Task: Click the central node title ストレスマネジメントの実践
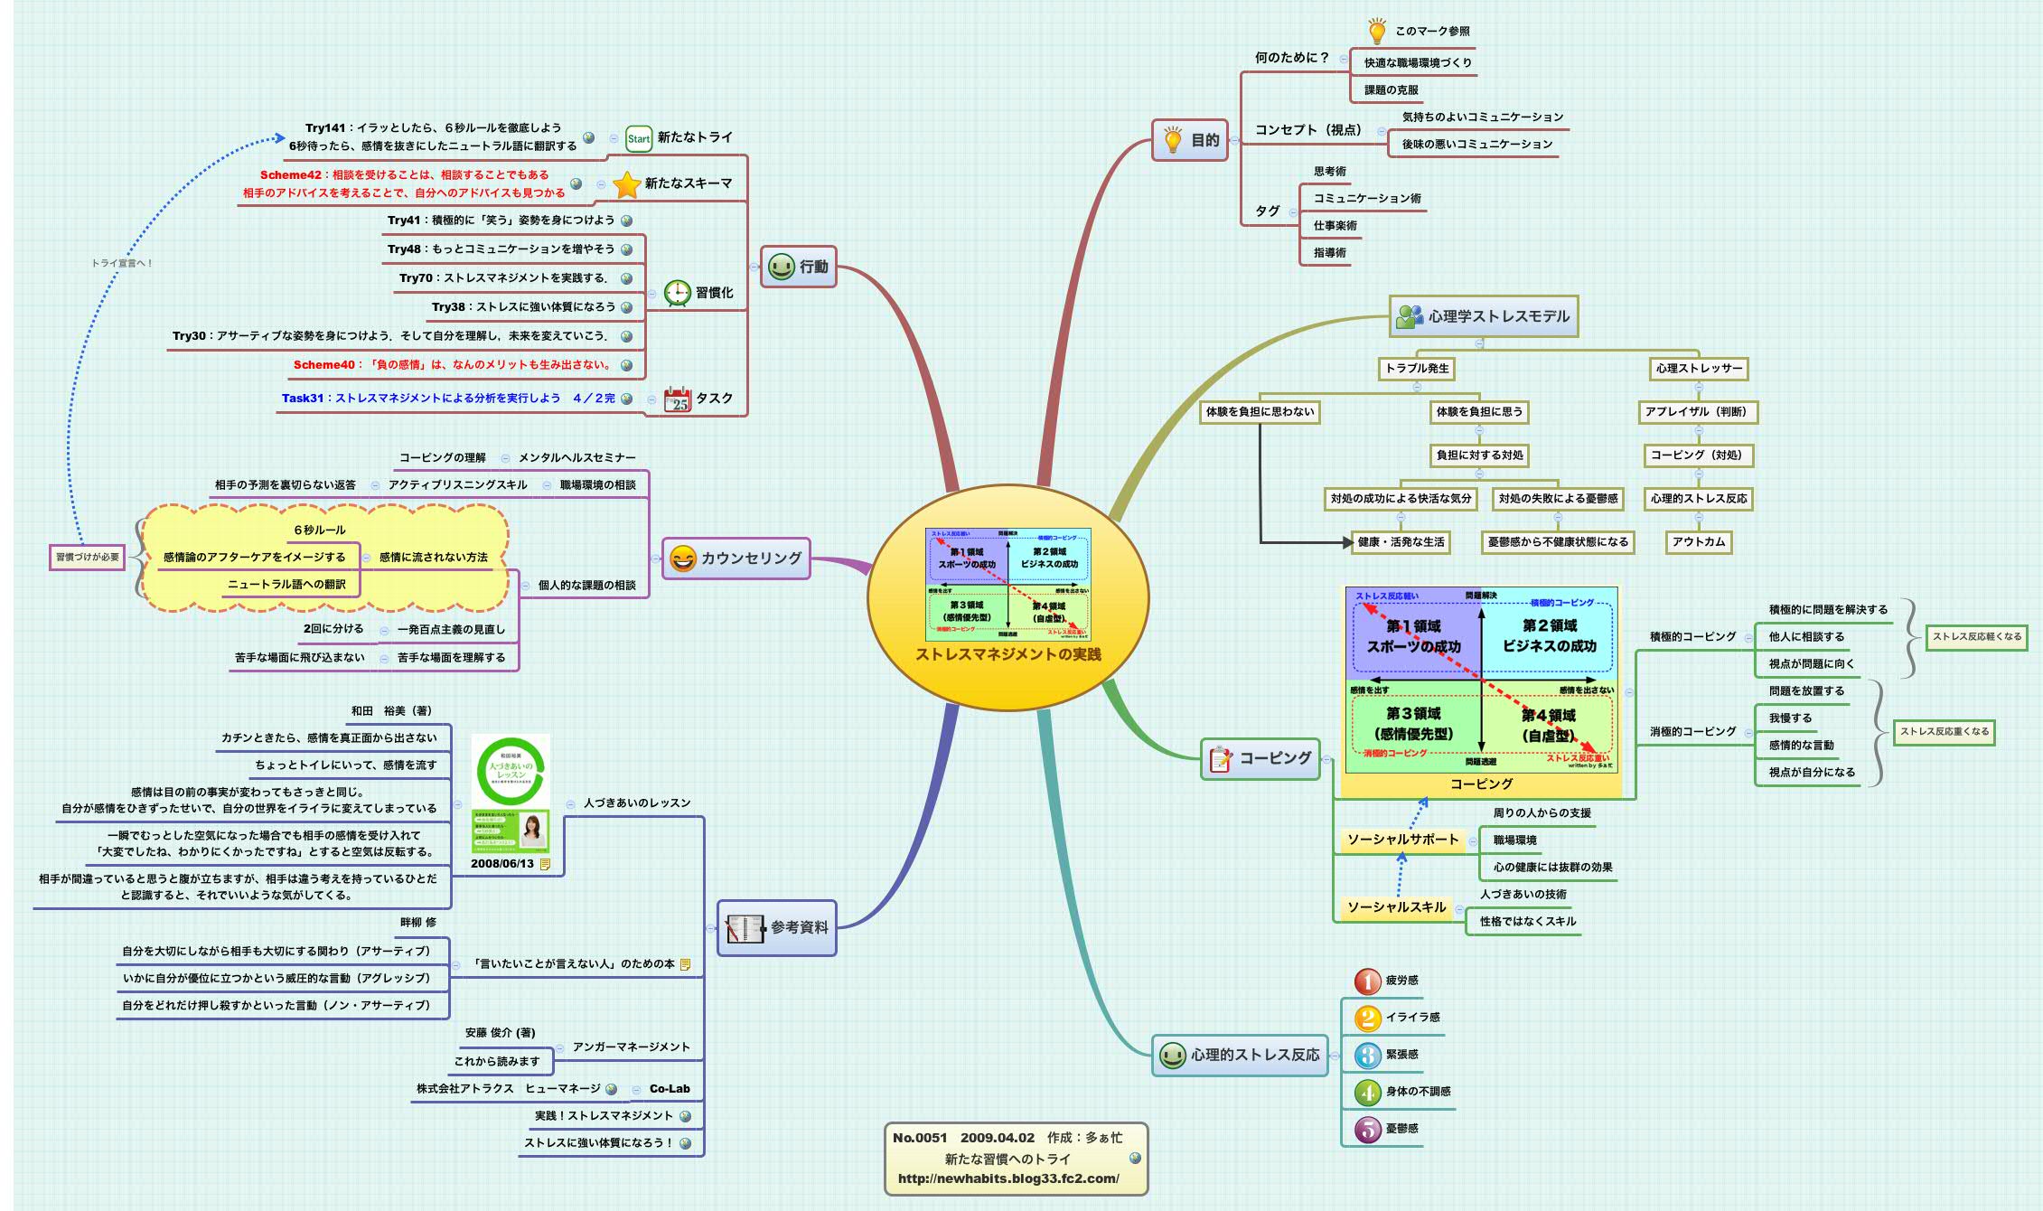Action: [1007, 654]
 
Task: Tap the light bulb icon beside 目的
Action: [1172, 140]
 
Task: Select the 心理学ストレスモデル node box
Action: [1484, 316]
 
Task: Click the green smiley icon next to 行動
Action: [781, 267]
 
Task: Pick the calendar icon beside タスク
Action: [677, 399]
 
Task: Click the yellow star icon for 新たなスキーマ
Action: [626, 184]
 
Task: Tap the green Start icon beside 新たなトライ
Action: [638, 138]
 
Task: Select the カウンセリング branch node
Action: [736, 559]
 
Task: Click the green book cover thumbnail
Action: [511, 793]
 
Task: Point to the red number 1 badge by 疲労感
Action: [1367, 981]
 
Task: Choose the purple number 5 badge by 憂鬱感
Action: [1367, 1129]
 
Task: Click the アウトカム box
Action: [1698, 542]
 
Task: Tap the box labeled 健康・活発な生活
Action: [1401, 542]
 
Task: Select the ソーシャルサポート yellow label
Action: [1402, 840]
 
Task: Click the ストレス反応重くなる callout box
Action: [1944, 732]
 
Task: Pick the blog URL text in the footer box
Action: [1008, 1178]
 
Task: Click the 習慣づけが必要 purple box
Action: [88, 557]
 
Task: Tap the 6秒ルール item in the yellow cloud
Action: [319, 530]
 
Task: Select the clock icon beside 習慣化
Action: [677, 293]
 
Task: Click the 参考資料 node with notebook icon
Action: [777, 927]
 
